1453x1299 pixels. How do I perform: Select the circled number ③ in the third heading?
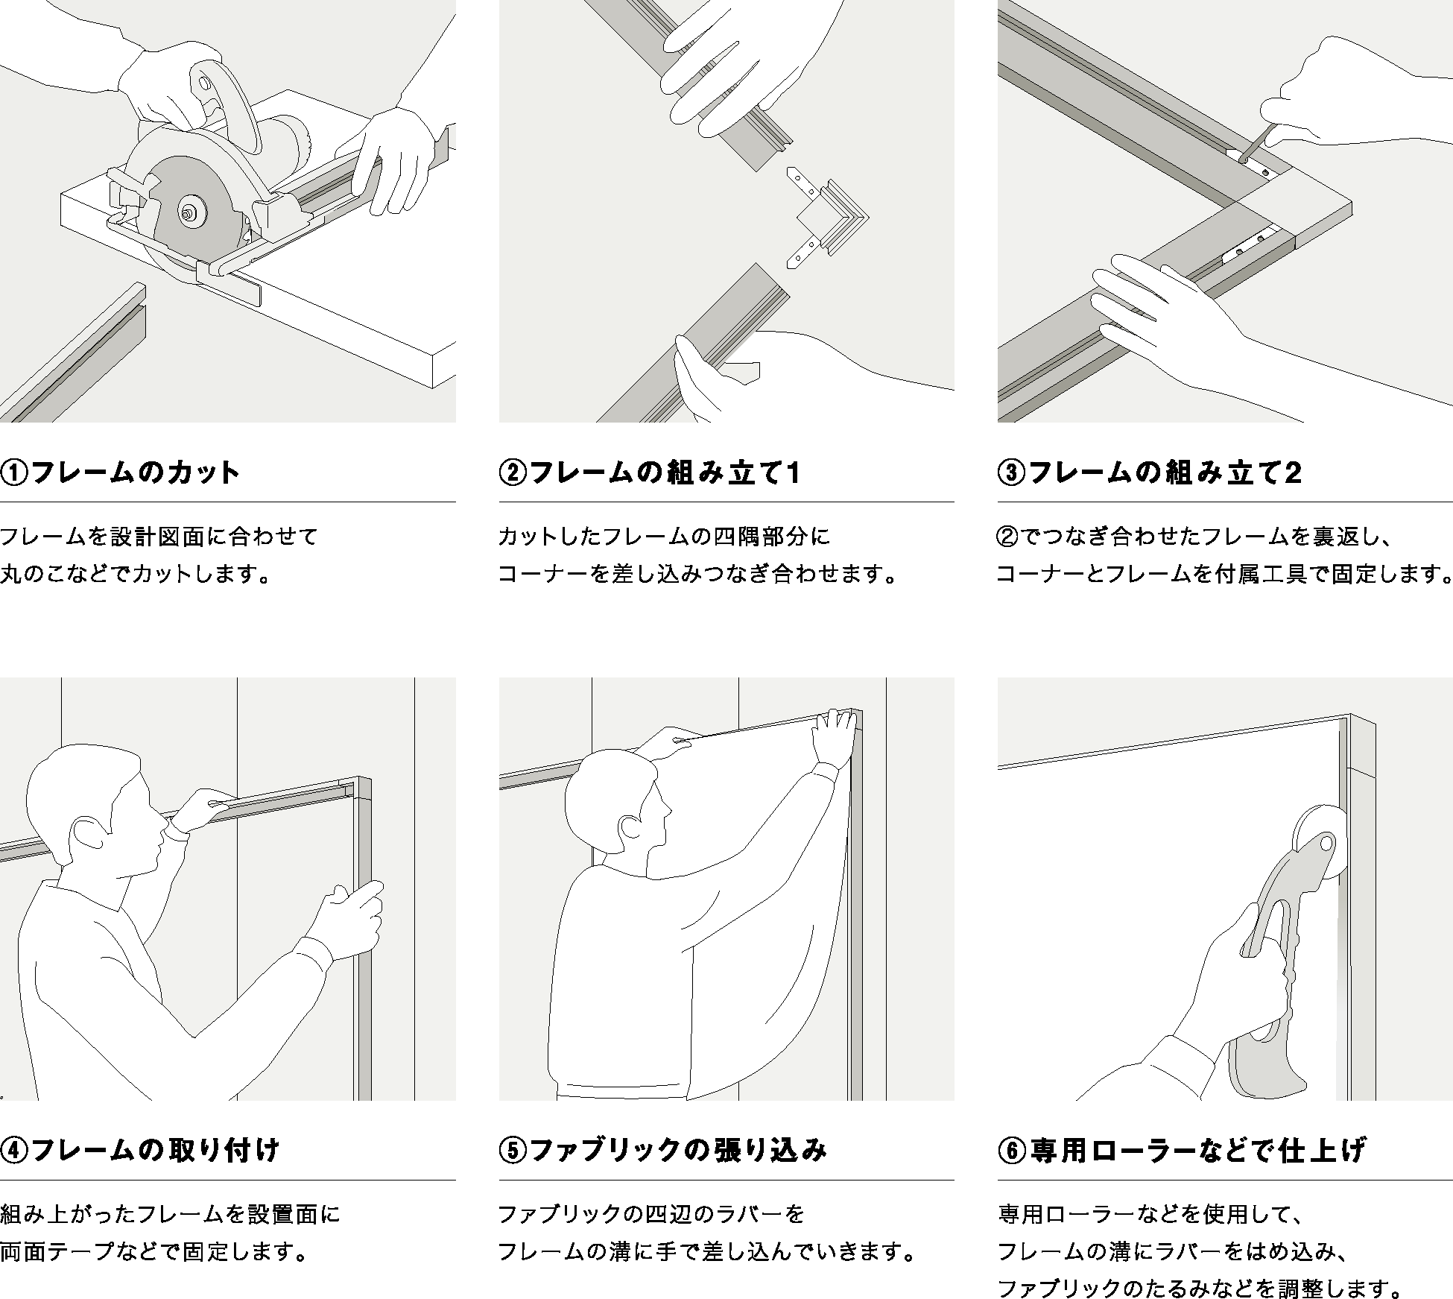pos(1012,472)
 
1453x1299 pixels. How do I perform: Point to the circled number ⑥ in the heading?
pos(1012,1150)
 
